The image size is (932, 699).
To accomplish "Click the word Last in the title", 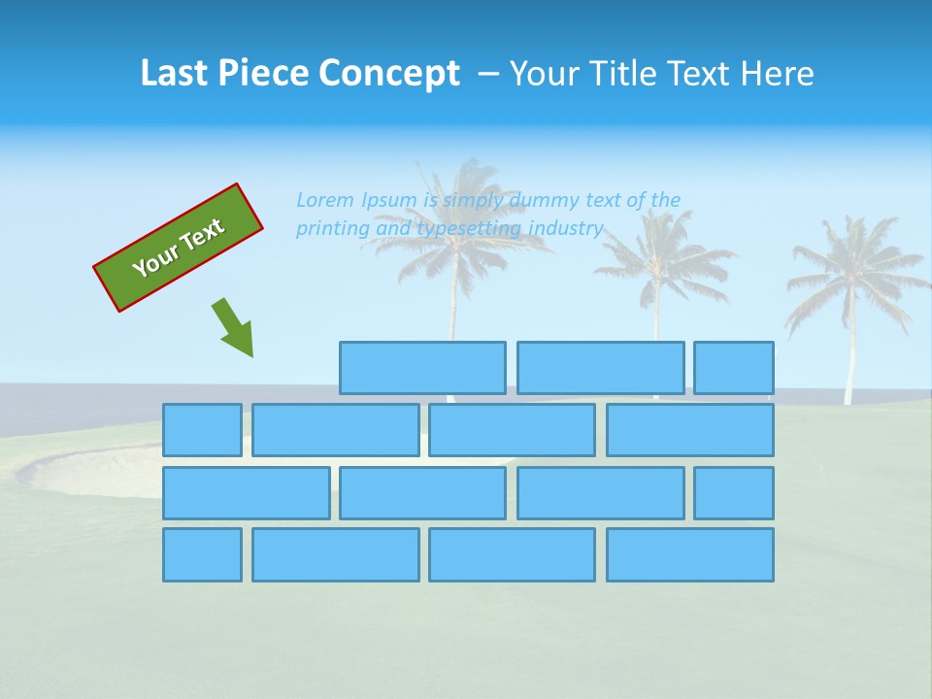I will click(174, 74).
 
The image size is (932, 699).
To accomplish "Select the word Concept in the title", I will click(390, 74).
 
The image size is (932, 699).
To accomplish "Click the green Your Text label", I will click(179, 248).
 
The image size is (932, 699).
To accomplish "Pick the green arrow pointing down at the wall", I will click(233, 327).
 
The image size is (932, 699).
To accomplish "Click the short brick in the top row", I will click(734, 368).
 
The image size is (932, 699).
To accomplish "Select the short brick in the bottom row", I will click(202, 554).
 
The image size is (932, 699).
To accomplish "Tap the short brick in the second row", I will click(202, 430).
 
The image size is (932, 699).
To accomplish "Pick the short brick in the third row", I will click(734, 492).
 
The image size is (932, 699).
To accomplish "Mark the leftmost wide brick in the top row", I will click(422, 368).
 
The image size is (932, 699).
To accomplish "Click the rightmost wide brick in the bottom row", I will click(690, 554).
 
